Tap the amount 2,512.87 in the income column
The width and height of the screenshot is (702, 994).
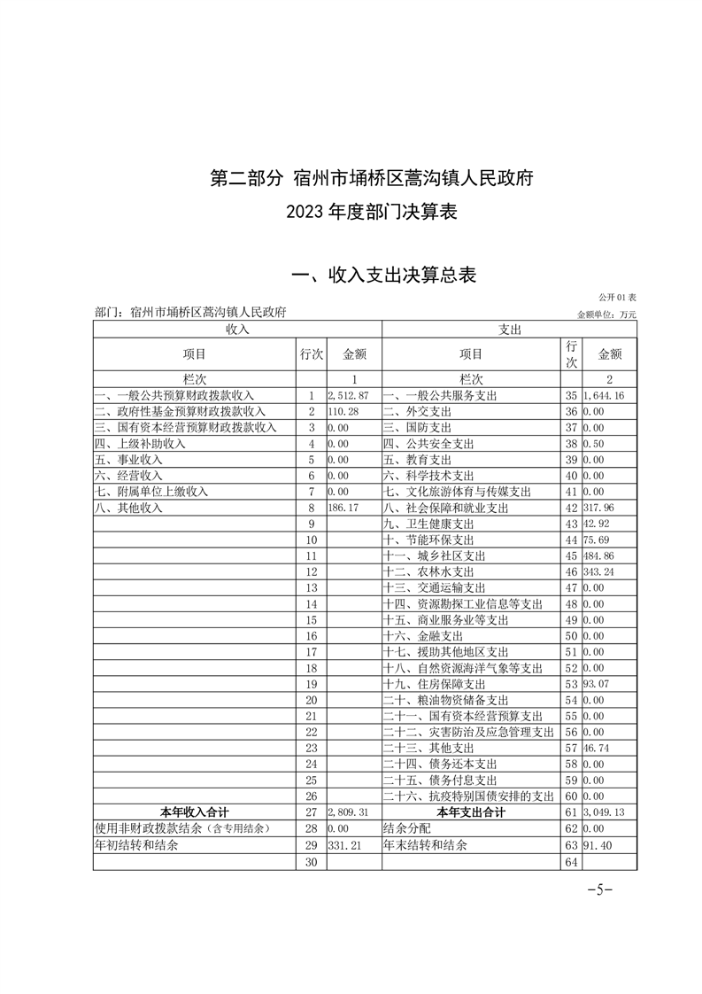348,394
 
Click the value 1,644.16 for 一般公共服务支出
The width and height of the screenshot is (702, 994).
605,394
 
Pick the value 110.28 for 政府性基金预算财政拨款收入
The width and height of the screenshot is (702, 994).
343,411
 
